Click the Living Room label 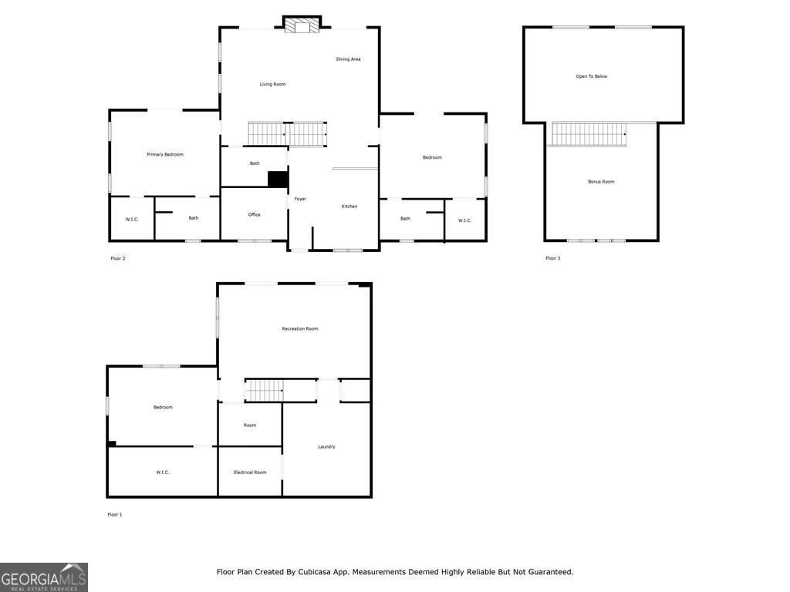(x=272, y=84)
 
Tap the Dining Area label (x=348, y=59)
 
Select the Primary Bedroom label (x=165, y=155)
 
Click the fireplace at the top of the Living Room (x=301, y=26)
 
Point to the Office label (x=254, y=215)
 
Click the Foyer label (x=300, y=199)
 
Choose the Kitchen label (x=349, y=207)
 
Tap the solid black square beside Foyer (x=278, y=179)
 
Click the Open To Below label (x=592, y=76)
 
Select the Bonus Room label (x=601, y=182)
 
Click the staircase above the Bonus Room (x=589, y=134)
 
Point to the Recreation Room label (x=299, y=329)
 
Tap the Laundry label (x=326, y=447)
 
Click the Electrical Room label (x=250, y=473)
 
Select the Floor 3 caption (x=552, y=258)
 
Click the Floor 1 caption (x=115, y=514)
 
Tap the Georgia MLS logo (x=44, y=577)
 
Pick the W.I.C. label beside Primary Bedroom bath (x=132, y=220)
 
